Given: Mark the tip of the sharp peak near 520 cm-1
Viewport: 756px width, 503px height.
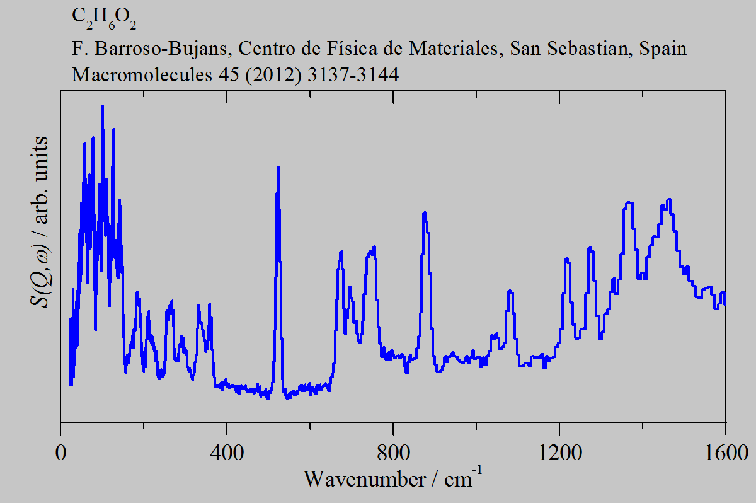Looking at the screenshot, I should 278,168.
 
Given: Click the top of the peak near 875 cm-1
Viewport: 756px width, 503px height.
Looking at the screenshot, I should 425,213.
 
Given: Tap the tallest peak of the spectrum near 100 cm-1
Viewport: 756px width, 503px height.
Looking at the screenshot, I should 102,106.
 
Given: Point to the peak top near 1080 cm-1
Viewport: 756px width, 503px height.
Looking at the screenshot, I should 510,291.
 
